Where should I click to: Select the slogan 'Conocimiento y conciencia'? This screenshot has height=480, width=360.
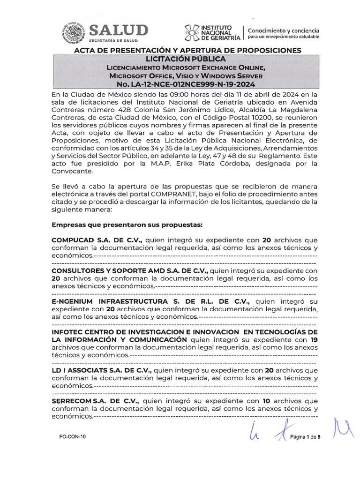pyautogui.click(x=284, y=30)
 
